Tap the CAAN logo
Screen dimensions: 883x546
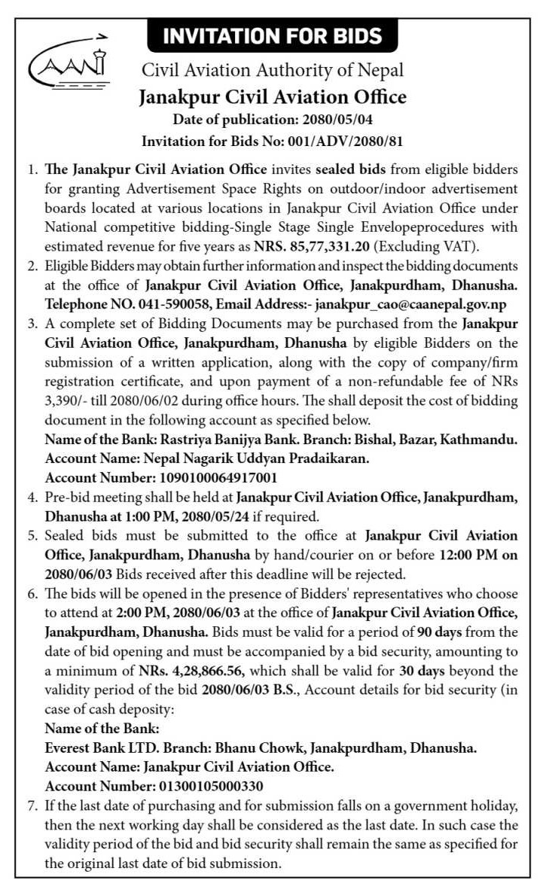coord(69,62)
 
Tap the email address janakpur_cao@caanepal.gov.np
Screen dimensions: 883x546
coord(410,303)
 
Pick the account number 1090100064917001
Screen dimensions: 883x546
coord(213,477)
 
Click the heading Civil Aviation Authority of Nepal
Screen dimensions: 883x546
coord(273,71)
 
